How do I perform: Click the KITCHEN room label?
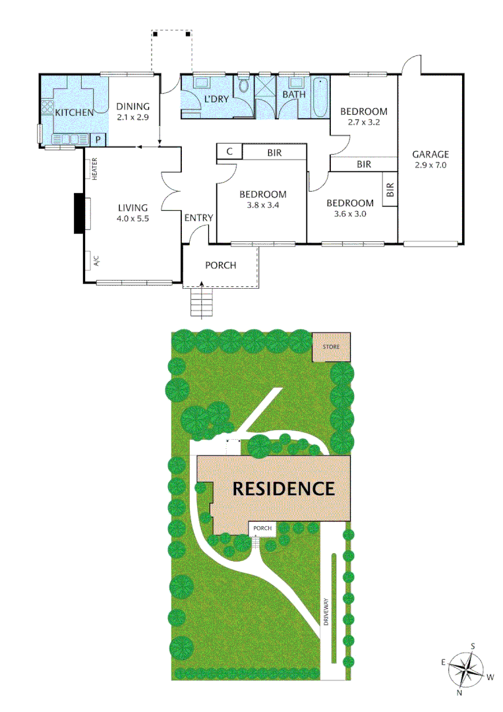74,113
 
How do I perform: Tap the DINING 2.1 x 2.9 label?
133,111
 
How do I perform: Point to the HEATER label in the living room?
95,169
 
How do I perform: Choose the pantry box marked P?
98,140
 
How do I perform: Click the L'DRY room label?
216,99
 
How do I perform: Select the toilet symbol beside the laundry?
245,86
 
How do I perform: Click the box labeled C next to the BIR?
229,152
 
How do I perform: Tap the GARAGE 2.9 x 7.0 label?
430,160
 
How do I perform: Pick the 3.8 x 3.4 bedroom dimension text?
263,205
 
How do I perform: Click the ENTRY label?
198,218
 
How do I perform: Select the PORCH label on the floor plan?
221,266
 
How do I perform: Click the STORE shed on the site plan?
332,347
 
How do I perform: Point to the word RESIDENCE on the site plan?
283,489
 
